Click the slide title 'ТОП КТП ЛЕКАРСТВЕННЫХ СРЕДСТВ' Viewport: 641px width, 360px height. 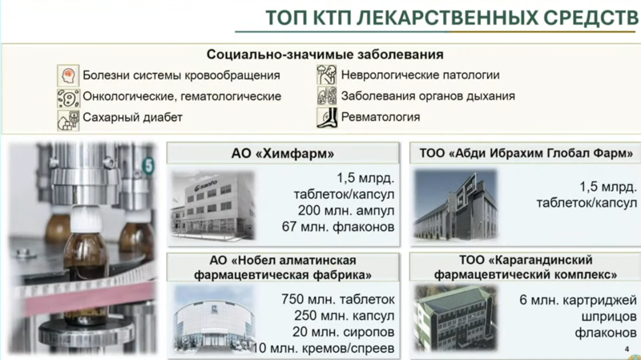pos(452,18)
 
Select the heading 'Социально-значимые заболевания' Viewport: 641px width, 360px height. pos(325,55)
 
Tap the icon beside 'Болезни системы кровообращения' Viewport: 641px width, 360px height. pos(68,75)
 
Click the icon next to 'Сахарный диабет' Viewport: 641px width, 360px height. pos(68,119)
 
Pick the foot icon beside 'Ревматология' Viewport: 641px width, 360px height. pos(327,117)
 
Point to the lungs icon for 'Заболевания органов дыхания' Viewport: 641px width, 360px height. pos(327,95)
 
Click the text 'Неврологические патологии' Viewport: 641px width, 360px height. pos(420,75)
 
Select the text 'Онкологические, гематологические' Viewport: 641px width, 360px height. pos(182,96)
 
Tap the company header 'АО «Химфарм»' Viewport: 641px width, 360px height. pos(283,153)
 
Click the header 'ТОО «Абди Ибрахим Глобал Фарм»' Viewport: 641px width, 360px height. pos(526,153)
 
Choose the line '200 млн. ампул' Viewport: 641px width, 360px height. pos(346,211)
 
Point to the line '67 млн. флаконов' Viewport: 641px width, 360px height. pos(338,227)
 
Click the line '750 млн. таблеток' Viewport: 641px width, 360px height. pos(337,299)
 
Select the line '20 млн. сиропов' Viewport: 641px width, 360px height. pos(344,332)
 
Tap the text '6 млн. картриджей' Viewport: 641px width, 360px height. pos(578,301)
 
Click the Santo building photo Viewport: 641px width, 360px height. pos(212,205)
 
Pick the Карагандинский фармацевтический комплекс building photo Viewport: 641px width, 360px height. pos(456,318)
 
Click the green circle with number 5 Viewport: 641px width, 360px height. pos(148,166)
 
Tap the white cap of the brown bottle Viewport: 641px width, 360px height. pos(87,220)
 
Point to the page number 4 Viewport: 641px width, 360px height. pos(627,349)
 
